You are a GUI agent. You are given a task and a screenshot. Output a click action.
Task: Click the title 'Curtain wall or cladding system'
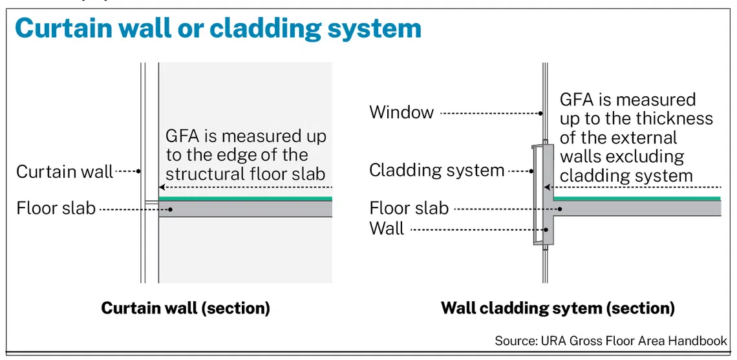click(218, 28)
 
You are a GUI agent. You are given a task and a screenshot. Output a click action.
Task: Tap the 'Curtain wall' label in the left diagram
click(65, 171)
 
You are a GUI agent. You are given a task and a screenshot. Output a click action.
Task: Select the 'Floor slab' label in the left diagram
click(56, 207)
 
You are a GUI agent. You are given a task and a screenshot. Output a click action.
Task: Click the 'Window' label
click(401, 112)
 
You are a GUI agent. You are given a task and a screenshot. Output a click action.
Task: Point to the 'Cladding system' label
click(436, 170)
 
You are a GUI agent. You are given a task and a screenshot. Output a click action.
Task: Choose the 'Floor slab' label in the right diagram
click(409, 207)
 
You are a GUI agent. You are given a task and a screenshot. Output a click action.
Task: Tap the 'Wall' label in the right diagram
click(387, 229)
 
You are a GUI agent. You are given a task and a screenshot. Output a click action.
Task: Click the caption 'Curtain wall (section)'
click(186, 308)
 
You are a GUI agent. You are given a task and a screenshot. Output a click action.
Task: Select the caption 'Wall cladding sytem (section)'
click(558, 308)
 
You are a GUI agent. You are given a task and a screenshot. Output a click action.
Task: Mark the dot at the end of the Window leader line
click(541, 113)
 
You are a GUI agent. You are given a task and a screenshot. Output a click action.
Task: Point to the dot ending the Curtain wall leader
click(138, 171)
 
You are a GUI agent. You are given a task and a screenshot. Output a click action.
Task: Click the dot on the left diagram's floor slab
click(172, 209)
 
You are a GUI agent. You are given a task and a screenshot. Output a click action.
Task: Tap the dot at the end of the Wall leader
click(546, 230)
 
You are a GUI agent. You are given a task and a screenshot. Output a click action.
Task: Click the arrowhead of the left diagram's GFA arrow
click(162, 187)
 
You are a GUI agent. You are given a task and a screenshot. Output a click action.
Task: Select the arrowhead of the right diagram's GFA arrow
click(547, 187)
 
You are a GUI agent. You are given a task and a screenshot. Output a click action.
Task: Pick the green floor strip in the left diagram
click(246, 199)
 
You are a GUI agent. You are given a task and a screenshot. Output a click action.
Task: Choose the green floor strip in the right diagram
click(637, 199)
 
